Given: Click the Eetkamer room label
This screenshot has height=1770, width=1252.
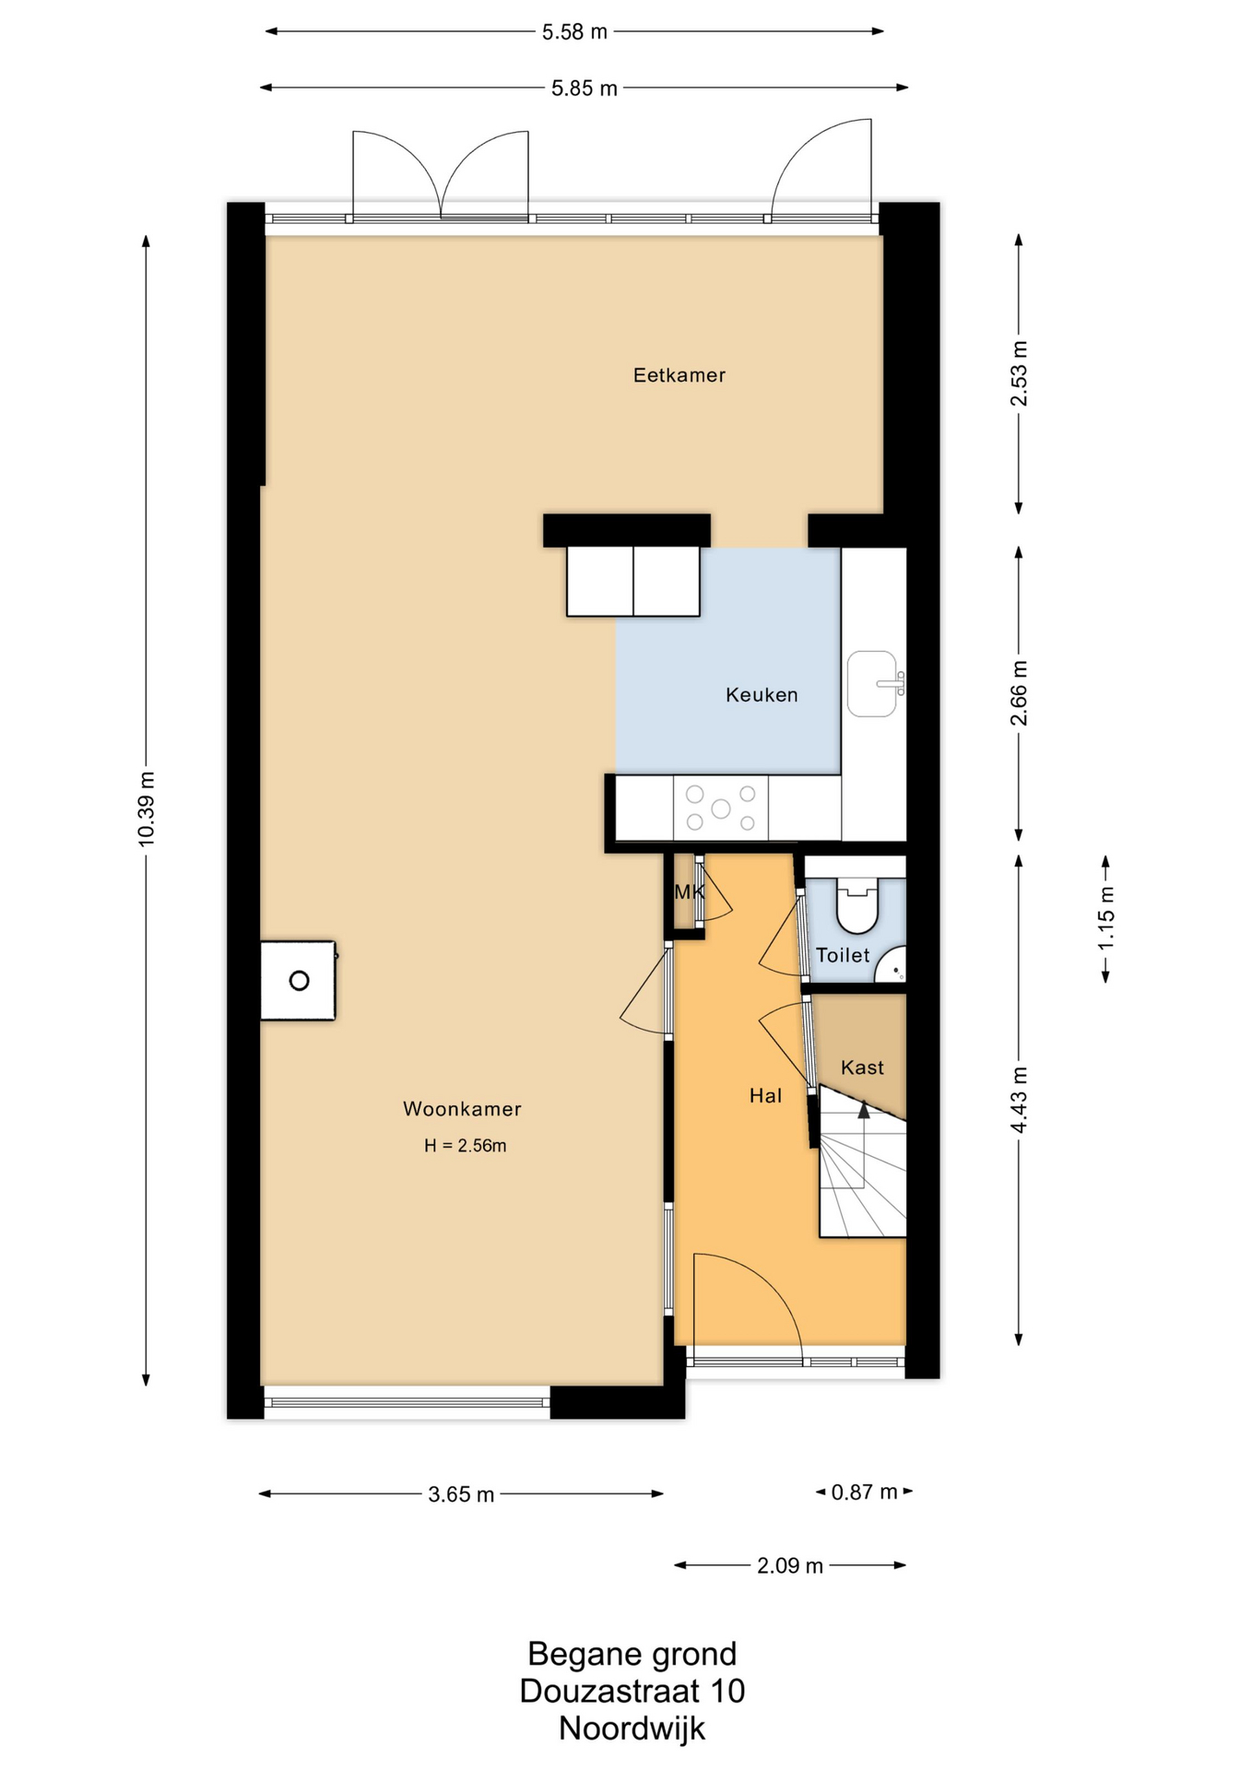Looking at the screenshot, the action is pos(679,375).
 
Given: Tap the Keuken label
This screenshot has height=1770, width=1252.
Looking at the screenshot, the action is pos(762,695).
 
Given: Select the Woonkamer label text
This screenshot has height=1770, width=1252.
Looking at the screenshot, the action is pos(462,1109).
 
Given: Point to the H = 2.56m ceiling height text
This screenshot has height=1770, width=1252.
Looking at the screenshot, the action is pos(465,1146).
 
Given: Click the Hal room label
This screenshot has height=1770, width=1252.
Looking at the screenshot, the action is pos(765,1095).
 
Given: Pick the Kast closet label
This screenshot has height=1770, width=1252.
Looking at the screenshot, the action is pos(862,1068).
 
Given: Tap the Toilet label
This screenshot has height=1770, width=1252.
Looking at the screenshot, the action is pos(843,955).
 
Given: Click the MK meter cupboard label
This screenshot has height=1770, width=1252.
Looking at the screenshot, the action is pos(689,891).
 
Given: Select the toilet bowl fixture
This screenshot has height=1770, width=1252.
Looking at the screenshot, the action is pos(857,904).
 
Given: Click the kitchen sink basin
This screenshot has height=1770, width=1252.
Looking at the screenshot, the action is pos(872,684).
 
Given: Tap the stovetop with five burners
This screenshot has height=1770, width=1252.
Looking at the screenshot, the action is pos(721,808).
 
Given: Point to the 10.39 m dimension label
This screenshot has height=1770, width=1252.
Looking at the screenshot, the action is pos(146,808).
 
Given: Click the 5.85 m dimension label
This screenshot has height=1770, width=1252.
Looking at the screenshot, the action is pos(585,88).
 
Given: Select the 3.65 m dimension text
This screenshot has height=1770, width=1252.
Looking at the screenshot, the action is pos(461,1494).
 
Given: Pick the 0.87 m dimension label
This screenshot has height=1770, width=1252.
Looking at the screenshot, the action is pos(864,1492).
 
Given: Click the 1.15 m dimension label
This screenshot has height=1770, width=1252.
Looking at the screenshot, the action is pos(1106,918).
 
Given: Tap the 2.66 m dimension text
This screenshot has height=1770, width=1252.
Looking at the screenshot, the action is pos(1019,693).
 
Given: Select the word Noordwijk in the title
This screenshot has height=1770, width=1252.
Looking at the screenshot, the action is pos(632,1729).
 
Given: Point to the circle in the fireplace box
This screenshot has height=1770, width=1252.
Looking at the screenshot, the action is pos(299,981).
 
